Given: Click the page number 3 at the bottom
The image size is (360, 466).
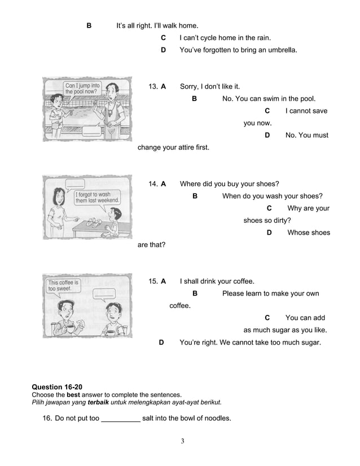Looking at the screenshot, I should point(182,441).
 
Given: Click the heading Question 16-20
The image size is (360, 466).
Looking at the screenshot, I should point(57,386).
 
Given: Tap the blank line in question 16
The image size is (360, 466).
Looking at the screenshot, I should point(120,419).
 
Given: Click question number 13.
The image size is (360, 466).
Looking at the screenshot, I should point(152,87).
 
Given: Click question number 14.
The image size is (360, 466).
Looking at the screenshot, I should point(152,184).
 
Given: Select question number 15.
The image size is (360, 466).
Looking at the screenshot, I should point(152,281).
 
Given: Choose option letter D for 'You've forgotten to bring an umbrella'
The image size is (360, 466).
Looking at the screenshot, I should point(163,50).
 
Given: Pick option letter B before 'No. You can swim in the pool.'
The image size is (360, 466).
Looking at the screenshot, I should point(194,99).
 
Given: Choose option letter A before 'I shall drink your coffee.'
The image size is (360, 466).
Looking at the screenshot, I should point(163,281).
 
